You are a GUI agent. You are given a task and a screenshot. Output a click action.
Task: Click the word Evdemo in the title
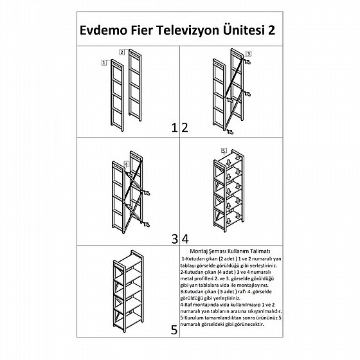click(x=104, y=30)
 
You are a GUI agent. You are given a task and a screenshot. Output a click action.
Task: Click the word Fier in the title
click(x=141, y=30)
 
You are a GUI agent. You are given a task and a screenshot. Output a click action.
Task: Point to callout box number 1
click(x=104, y=62)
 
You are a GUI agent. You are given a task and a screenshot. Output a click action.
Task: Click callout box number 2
click(x=122, y=52)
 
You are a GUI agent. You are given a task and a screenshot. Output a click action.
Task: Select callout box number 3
click(x=248, y=54)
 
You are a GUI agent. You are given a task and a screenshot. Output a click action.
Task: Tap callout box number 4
click(x=127, y=164)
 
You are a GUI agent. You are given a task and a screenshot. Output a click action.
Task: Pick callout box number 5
click(x=224, y=150)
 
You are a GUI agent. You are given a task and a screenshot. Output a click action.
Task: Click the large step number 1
click(x=174, y=128)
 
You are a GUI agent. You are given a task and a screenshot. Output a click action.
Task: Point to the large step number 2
click(x=185, y=128)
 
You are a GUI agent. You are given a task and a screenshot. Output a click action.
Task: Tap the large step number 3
click(x=175, y=239)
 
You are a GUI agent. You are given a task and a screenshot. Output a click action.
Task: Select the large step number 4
click(x=185, y=239)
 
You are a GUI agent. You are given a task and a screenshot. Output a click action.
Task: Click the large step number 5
click(x=174, y=330)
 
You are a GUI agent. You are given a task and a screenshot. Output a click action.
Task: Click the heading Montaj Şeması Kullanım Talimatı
click(x=230, y=251)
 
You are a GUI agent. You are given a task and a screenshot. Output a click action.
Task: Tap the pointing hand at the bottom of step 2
click(x=230, y=132)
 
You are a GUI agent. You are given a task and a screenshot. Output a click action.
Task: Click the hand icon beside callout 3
click(x=248, y=62)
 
